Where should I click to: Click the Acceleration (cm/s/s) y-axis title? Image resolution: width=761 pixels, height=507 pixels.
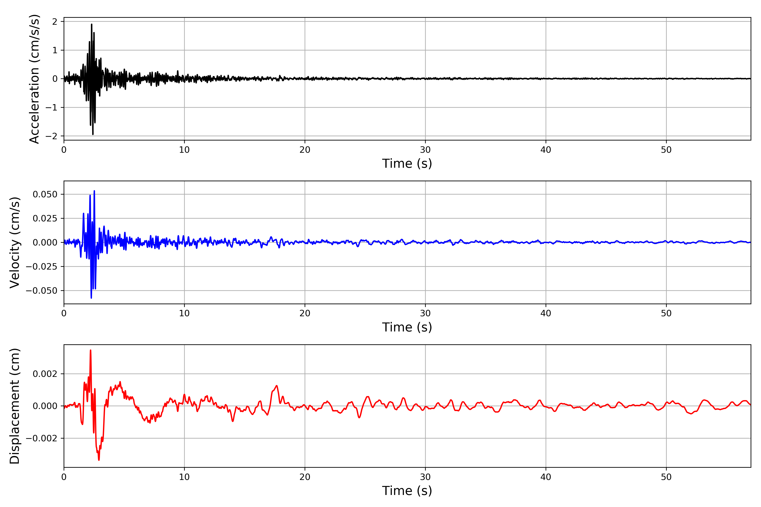pyautogui.click(x=34, y=79)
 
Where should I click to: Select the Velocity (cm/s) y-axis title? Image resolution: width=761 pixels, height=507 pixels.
pyautogui.click(x=15, y=243)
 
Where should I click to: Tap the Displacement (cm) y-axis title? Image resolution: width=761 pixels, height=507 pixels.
pyautogui.click(x=15, y=406)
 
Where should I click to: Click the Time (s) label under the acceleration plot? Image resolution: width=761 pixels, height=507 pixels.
pyautogui.click(x=407, y=164)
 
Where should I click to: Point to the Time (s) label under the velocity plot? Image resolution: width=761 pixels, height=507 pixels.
pyautogui.click(x=407, y=327)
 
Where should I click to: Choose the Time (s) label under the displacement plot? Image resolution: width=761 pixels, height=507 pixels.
pyautogui.click(x=407, y=491)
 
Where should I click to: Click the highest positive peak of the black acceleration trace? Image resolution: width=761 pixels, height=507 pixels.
pyautogui.click(x=92, y=24)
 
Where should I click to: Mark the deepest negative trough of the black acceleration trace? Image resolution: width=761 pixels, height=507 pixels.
pyautogui.click(x=93, y=134)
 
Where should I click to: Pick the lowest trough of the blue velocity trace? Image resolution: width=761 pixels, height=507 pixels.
pyautogui.click(x=91, y=298)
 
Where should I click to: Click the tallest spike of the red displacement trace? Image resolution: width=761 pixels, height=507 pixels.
pyautogui.click(x=91, y=350)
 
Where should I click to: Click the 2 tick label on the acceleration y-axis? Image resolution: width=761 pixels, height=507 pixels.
pyautogui.click(x=55, y=22)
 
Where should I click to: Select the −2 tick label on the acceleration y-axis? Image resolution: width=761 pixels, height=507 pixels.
pyautogui.click(x=51, y=136)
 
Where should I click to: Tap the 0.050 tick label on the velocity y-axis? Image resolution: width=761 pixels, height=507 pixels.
pyautogui.click(x=45, y=194)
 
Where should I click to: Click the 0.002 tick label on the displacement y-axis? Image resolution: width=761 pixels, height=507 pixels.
pyautogui.click(x=45, y=374)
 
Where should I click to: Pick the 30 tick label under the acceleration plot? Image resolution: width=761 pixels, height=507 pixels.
pyautogui.click(x=425, y=150)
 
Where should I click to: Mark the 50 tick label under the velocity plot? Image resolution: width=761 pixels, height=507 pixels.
pyautogui.click(x=666, y=313)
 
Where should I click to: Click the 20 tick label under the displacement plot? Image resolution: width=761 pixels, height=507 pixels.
pyautogui.click(x=305, y=477)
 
